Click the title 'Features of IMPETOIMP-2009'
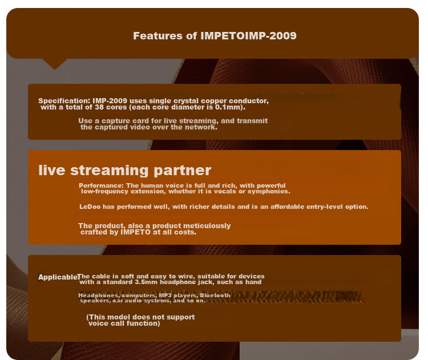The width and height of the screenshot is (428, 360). coord(215,36)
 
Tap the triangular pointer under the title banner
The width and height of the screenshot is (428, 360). coord(55,64)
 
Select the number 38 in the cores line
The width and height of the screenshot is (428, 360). coord(99,107)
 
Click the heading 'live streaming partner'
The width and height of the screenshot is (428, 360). coord(125,170)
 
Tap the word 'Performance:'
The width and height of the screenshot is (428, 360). coord(101,185)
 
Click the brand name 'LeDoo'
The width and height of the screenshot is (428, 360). coord(90,207)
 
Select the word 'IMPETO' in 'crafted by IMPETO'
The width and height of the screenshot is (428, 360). coord(135,232)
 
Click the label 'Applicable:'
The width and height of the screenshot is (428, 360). coord(58,277)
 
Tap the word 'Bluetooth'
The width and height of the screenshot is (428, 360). coord(215,296)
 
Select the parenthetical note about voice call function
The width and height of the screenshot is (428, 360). coord(140,320)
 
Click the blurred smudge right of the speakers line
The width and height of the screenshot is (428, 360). coord(286,297)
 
